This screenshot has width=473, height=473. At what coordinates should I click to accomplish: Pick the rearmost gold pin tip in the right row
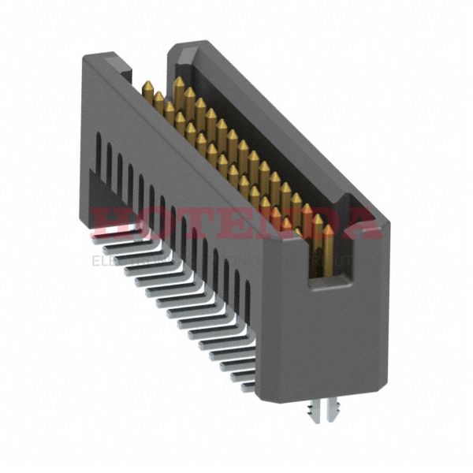[x=180, y=82]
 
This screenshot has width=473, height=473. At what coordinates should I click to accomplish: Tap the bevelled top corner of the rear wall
[x=178, y=52]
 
